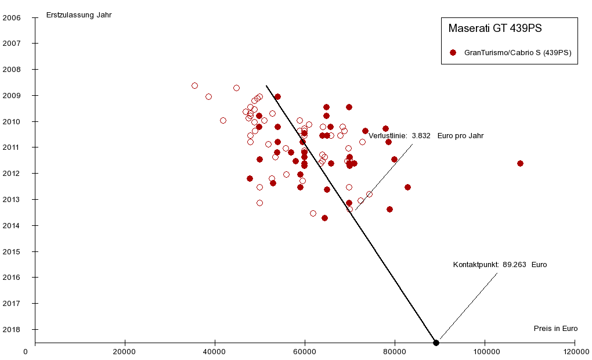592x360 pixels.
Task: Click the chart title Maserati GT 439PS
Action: [x=495, y=28]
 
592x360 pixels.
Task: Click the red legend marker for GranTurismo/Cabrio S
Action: [x=453, y=52]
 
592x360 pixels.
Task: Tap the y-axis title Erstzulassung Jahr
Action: [x=78, y=15]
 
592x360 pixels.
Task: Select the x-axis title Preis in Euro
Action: [x=555, y=328]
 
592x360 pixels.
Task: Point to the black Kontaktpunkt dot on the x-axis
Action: [x=436, y=343]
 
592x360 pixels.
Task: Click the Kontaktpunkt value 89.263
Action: [x=514, y=265]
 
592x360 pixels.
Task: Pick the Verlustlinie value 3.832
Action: [x=421, y=135]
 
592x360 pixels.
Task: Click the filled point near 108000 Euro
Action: [x=520, y=163]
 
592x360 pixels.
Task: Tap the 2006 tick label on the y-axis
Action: [x=12, y=17]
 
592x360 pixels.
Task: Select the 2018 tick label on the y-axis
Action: [x=12, y=329]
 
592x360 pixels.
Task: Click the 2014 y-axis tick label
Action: [x=12, y=225]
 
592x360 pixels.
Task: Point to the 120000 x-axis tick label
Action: [x=575, y=351]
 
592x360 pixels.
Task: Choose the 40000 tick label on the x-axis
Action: [x=215, y=351]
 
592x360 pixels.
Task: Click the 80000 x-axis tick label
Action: [x=395, y=351]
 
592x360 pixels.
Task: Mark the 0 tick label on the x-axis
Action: [x=26, y=351]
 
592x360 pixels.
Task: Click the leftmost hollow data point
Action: [x=194, y=85]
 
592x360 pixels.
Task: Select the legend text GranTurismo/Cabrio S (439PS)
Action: [x=518, y=52]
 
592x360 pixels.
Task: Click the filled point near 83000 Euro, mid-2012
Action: [x=407, y=187]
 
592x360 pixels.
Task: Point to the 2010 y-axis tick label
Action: [x=12, y=121]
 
